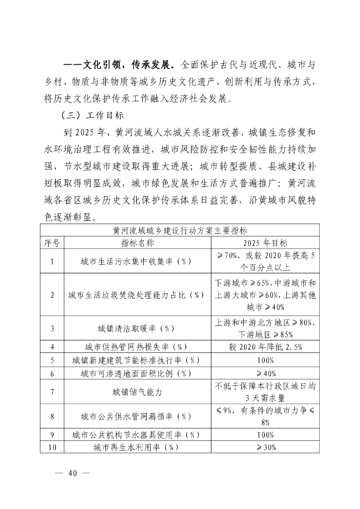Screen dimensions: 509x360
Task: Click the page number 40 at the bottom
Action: [74, 473]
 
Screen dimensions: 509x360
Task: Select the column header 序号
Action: [52, 243]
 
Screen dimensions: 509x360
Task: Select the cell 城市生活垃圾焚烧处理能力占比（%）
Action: [137, 295]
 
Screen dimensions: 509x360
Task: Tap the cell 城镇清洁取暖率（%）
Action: [137, 328]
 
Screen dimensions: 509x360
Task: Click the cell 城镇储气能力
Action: [137, 392]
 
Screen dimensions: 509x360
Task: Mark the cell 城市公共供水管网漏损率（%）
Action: [137, 416]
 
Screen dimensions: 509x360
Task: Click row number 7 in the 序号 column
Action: [52, 392]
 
